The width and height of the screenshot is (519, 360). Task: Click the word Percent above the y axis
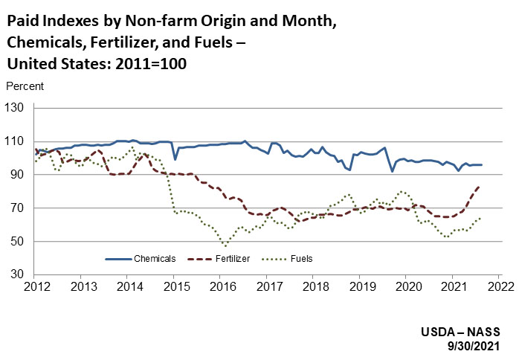click(25, 86)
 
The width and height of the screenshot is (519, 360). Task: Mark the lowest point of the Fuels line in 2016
click(225, 245)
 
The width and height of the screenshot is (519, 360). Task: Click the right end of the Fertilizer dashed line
click(480, 186)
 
